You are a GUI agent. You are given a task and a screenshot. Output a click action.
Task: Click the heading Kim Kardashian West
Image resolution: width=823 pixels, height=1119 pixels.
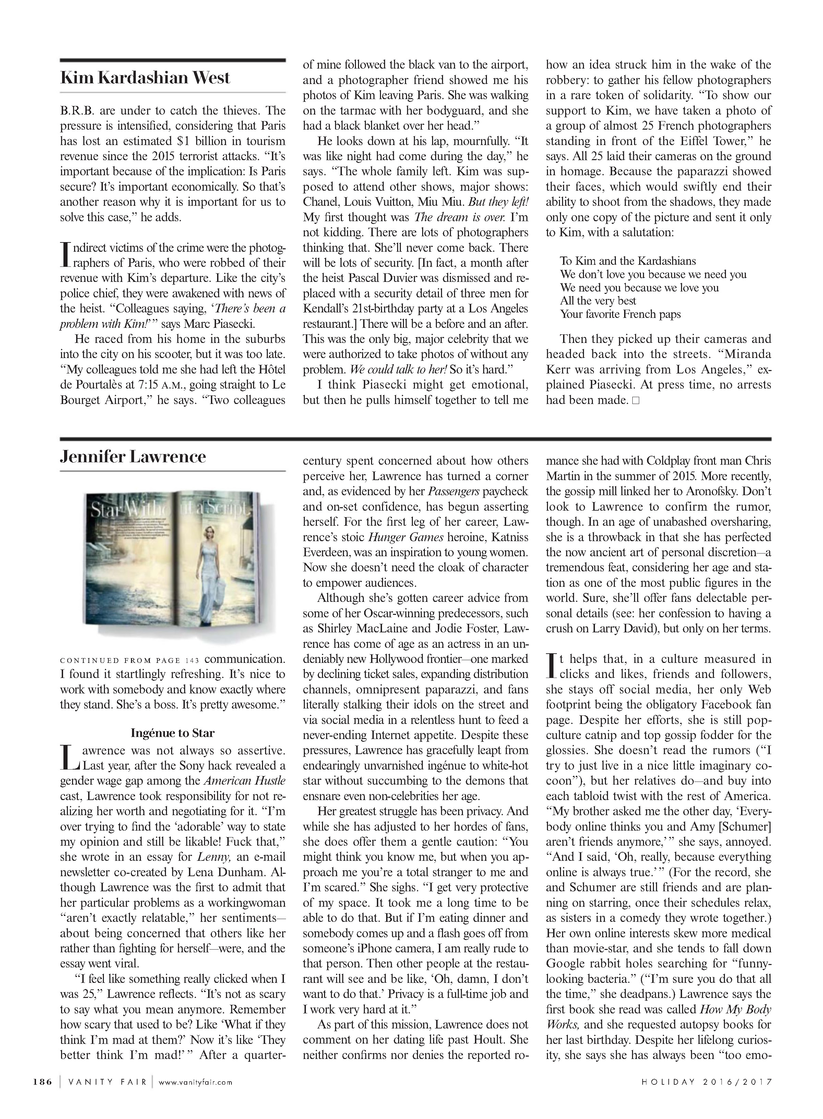click(x=145, y=78)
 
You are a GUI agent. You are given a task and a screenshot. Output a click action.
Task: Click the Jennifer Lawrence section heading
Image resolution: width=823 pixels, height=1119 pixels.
click(x=133, y=457)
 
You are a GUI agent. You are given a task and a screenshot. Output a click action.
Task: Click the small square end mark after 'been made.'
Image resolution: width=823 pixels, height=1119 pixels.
click(x=635, y=401)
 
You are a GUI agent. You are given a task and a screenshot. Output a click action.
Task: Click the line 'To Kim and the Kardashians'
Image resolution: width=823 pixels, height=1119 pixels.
click(x=628, y=261)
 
